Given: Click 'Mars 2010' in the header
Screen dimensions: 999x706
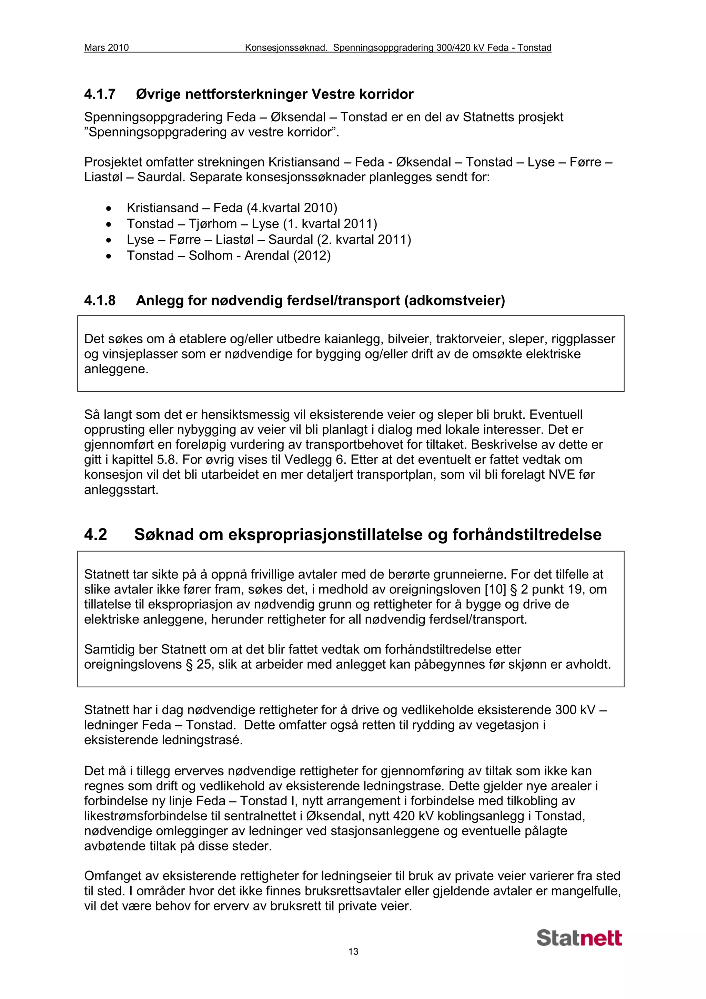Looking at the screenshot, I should point(106,48).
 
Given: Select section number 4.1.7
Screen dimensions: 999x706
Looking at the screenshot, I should point(100,94).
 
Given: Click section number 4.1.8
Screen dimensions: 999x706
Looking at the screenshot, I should point(100,300).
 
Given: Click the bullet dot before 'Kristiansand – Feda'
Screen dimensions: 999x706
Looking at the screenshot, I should point(108,209).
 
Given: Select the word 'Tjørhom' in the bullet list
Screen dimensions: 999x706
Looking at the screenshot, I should point(213,224).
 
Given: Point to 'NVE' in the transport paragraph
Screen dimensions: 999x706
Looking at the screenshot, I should point(563,474).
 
